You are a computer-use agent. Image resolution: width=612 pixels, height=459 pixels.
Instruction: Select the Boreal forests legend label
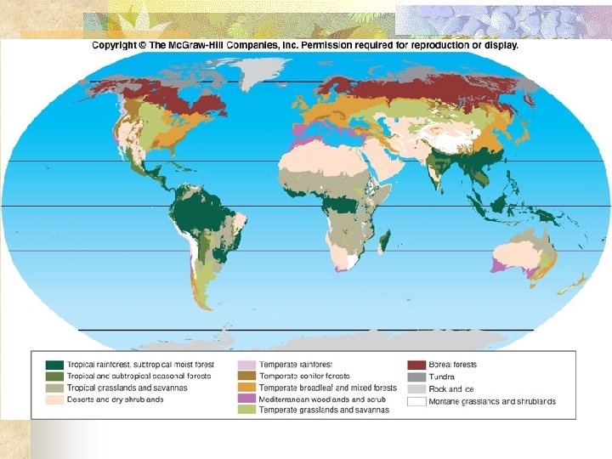453,365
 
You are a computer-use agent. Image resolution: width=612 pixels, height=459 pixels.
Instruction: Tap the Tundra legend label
442,377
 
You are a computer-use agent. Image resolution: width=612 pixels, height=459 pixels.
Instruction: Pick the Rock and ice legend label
451,388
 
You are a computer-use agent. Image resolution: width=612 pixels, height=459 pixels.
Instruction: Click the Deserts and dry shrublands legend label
116,399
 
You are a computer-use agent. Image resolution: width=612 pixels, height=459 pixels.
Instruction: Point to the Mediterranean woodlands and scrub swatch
246,399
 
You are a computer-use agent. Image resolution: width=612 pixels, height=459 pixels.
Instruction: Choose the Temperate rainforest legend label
296,365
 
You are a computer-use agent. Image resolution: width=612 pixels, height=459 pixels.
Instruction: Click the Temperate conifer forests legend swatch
246,377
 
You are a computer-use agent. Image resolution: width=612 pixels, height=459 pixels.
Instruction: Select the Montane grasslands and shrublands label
492,401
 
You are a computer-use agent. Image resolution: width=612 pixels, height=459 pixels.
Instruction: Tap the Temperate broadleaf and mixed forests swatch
246,388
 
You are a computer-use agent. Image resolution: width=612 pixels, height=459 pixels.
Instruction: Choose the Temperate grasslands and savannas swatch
246,410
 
